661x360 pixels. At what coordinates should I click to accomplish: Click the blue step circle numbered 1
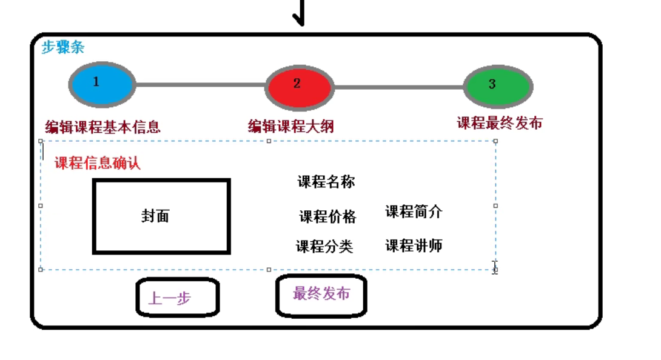[x=101, y=84]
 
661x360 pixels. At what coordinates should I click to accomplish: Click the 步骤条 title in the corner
[x=62, y=47]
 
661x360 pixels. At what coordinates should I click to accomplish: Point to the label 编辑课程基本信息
[x=102, y=127]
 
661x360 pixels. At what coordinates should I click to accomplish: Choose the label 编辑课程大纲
[x=290, y=126]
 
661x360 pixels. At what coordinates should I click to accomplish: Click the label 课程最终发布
[x=499, y=123]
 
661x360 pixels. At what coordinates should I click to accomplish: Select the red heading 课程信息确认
[x=97, y=163]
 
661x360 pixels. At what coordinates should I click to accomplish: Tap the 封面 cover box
[x=161, y=216]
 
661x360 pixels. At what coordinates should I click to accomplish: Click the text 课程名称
[x=326, y=182]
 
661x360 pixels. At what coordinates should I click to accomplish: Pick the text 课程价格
[x=327, y=217]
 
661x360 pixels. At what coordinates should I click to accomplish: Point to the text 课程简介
[x=414, y=212]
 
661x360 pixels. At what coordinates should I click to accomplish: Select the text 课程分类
[x=324, y=247]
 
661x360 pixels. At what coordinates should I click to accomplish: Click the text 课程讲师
[x=414, y=245]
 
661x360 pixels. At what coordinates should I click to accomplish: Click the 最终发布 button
[x=321, y=295]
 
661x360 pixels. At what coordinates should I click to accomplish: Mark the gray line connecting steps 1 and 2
[x=200, y=85]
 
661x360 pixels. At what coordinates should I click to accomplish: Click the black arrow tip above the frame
[x=299, y=22]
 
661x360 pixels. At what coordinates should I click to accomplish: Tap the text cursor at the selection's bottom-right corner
[x=495, y=267]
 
